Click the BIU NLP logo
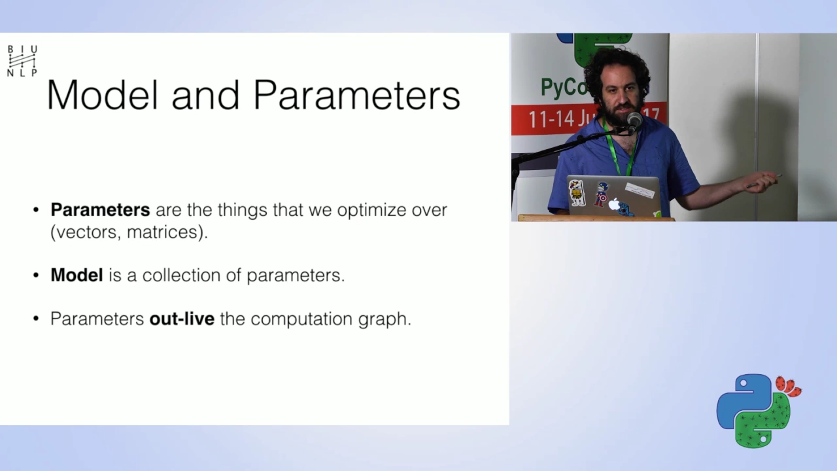(22, 61)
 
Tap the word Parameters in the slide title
(356, 95)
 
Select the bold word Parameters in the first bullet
(100, 210)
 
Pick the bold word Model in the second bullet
(77, 275)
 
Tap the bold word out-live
(182, 319)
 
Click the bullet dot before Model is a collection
(36, 275)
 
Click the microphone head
(634, 120)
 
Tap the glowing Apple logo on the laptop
(613, 205)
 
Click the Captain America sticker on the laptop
(601, 194)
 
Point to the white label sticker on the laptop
(640, 190)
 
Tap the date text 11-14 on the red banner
(551, 119)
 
